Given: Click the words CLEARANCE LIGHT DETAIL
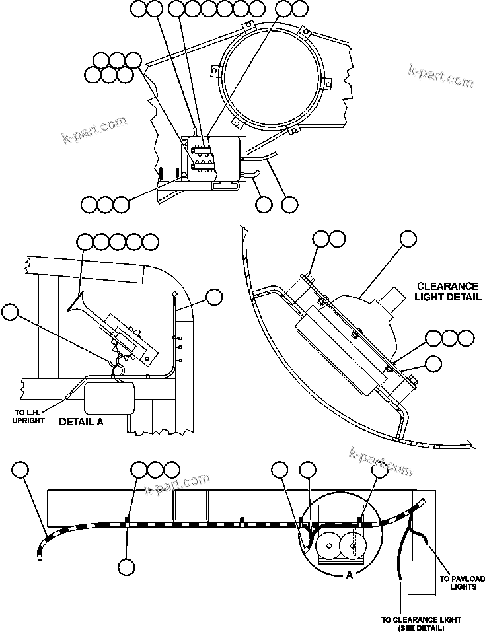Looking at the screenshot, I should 447,291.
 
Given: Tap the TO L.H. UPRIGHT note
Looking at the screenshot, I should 29,417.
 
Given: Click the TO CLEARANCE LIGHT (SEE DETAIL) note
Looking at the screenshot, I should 421,623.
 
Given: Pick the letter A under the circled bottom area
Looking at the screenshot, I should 349,575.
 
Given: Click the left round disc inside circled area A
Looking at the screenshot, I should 326,545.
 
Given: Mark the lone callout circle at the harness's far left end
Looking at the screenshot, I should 21,470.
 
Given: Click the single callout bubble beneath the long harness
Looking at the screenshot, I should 126,567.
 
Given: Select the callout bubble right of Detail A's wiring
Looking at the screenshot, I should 214,298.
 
